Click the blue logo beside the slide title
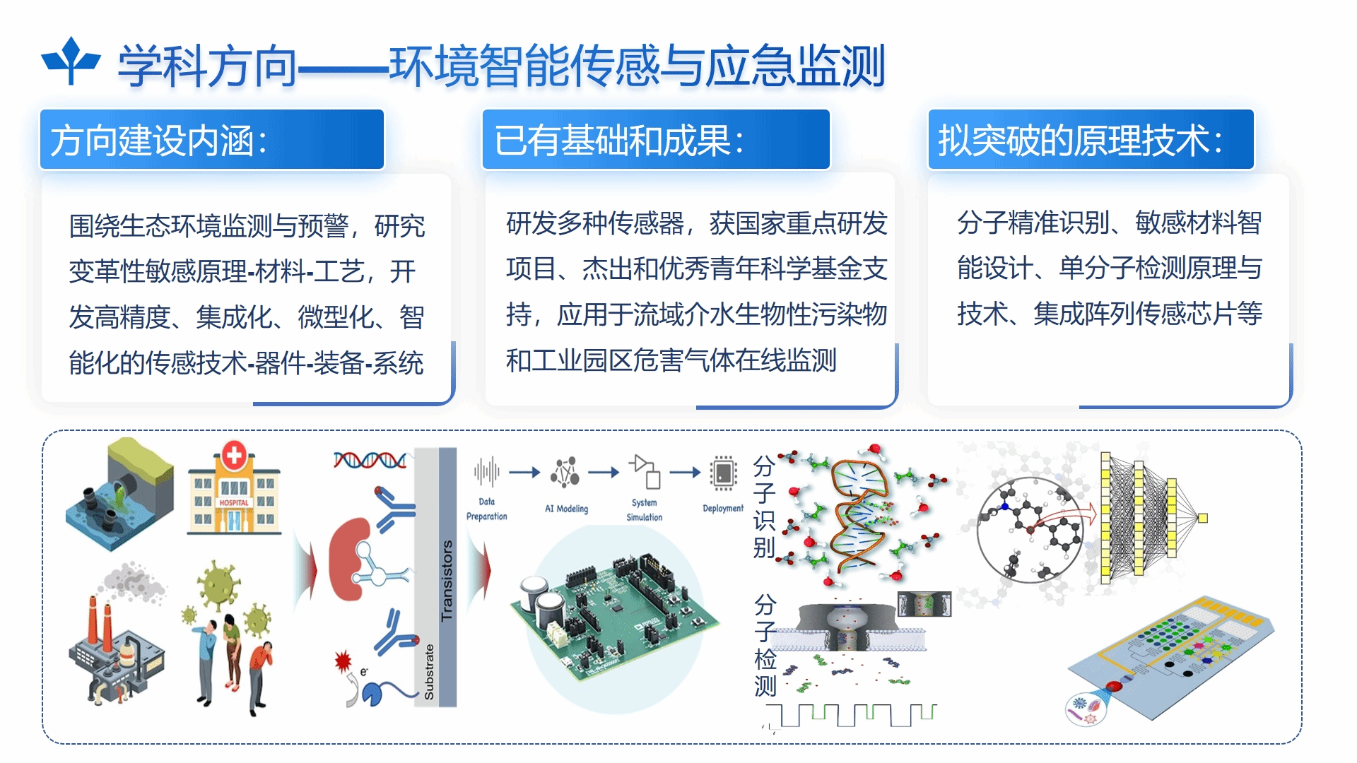pos(71,61)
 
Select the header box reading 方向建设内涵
pos(212,139)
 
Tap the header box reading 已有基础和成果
pos(656,139)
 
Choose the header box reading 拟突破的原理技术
pos(1091,139)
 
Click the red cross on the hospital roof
pos(234,454)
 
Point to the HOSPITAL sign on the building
pos(234,503)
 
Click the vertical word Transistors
pos(447,581)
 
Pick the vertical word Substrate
pos(429,672)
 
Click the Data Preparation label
pos(487,509)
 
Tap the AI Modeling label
pos(566,509)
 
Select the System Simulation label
pos(645,509)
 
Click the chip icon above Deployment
pos(723,473)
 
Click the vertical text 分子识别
pos(764,507)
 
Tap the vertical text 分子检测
pos(765,645)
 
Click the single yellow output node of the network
pos(1203,518)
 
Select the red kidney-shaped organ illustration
pos(350,558)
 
